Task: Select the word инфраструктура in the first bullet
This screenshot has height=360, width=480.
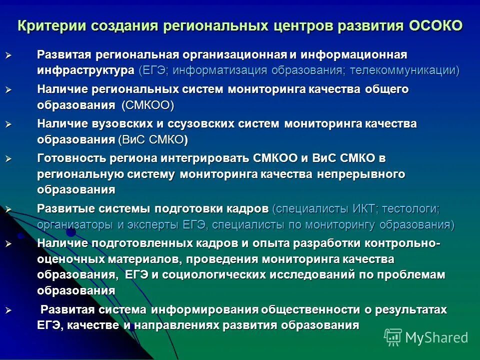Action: pyautogui.click(x=85, y=70)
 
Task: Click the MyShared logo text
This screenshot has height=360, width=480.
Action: pyautogui.click(x=436, y=337)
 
